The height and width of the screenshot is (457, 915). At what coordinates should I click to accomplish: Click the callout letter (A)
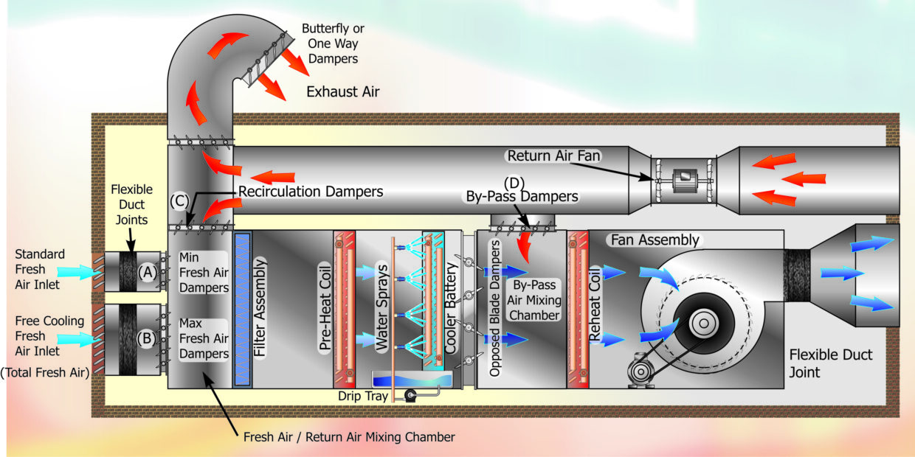pyautogui.click(x=148, y=271)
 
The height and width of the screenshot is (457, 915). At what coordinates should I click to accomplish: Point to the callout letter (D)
pyautogui.click(x=515, y=181)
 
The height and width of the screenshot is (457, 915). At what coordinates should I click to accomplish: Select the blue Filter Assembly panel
pyautogui.click(x=243, y=309)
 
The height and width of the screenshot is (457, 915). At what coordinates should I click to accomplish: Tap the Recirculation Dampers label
pyautogui.click(x=311, y=192)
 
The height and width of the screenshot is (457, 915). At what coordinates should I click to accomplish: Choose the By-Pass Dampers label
pyautogui.click(x=522, y=197)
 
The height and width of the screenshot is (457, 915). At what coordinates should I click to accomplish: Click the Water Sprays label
pyautogui.click(x=382, y=310)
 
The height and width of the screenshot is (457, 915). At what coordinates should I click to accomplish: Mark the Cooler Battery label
pyautogui.click(x=449, y=310)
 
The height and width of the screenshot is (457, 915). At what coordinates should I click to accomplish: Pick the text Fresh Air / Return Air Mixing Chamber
pyautogui.click(x=349, y=437)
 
